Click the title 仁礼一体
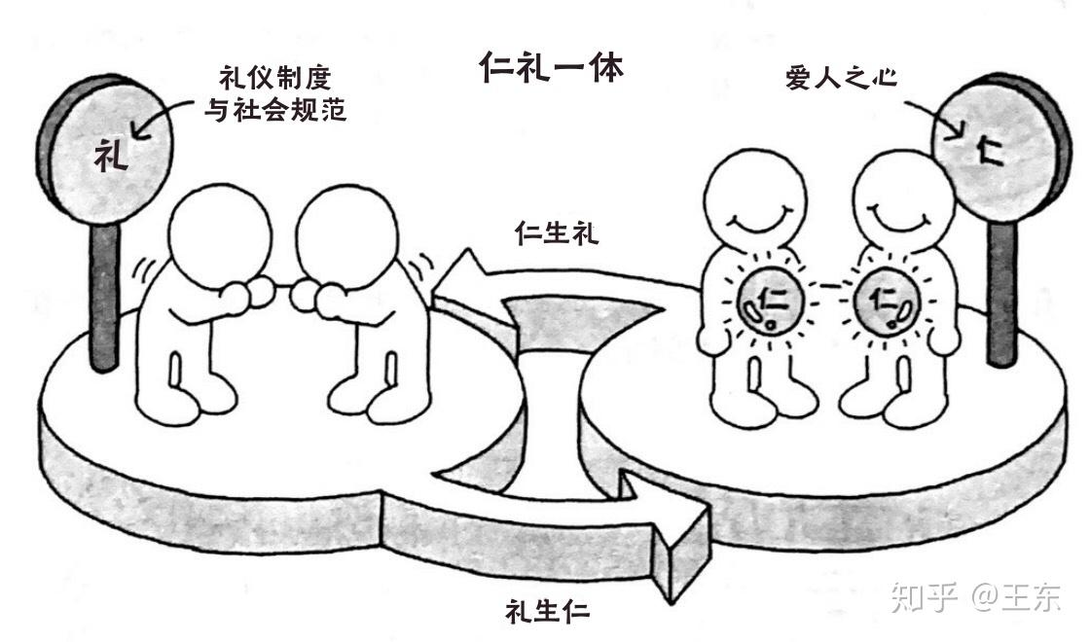[551, 69]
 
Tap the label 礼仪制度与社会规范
[274, 95]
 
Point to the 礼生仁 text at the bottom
[548, 610]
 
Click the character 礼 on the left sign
[112, 156]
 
